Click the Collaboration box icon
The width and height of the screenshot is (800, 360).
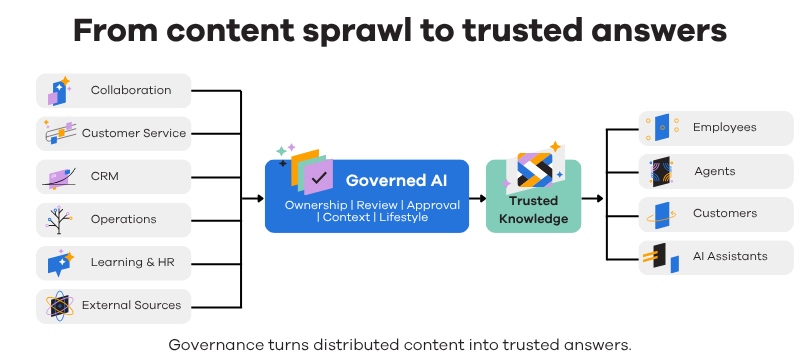pyautogui.click(x=59, y=91)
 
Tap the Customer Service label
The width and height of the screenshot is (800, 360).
pyautogui.click(x=134, y=133)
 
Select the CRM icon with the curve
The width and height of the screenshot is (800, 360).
pyautogui.click(x=59, y=177)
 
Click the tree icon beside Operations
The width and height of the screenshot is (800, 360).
pyautogui.click(x=59, y=220)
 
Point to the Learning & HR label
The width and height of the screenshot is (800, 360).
pyautogui.click(x=133, y=262)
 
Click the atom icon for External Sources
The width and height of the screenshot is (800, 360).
pyautogui.click(x=59, y=306)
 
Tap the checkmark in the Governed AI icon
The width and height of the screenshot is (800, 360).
pyautogui.click(x=318, y=178)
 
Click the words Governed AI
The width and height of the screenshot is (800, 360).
pyautogui.click(x=396, y=181)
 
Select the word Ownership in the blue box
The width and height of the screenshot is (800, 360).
pyautogui.click(x=316, y=205)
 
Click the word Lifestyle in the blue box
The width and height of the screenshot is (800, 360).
pyautogui.click(x=404, y=217)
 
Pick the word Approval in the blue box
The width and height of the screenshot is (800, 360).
pyautogui.click(x=433, y=205)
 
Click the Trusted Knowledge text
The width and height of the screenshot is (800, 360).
pyautogui.click(x=533, y=210)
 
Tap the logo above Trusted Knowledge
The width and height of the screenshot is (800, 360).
pyautogui.click(x=534, y=169)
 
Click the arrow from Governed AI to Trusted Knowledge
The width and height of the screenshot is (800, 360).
pyautogui.click(x=478, y=198)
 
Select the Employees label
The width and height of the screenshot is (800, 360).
pyautogui.click(x=724, y=127)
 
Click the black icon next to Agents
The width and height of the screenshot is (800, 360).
pyautogui.click(x=661, y=172)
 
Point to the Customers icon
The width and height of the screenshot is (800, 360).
pyautogui.click(x=661, y=215)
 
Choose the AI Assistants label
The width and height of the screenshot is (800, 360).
pyautogui.click(x=730, y=256)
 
